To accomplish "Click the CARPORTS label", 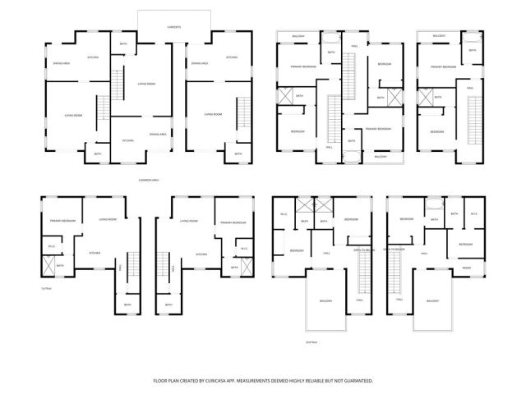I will click(174, 27).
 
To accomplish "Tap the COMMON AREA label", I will click(149, 180).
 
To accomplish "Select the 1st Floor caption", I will click(45, 288).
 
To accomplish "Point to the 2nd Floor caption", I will click(311, 341).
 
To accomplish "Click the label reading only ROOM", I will click(466, 268).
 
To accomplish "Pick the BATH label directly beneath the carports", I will click(123, 44).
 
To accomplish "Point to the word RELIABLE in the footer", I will click(316, 381).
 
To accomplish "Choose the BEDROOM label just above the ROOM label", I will click(464, 244).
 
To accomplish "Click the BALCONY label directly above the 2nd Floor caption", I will click(325, 301).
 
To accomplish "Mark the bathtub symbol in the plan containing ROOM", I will click(433, 204).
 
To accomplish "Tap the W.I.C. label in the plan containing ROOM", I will click(473, 214).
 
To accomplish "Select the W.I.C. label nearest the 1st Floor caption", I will click(51, 246).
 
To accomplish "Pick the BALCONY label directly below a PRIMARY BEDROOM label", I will click(381, 156).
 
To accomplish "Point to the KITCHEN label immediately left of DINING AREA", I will click(128, 140).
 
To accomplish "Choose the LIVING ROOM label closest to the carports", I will click(146, 83).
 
